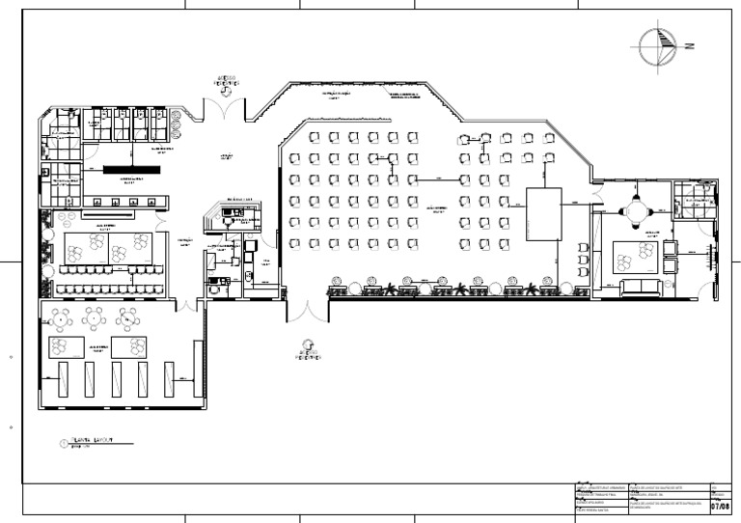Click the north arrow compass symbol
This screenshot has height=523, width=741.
pyautogui.click(x=657, y=44)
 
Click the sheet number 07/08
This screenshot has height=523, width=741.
pyautogui.click(x=720, y=505)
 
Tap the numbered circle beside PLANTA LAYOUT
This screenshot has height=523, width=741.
pyautogui.click(x=64, y=444)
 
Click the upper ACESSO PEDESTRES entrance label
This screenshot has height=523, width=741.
pyautogui.click(x=226, y=82)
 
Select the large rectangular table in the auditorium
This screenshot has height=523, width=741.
pyautogui.click(x=543, y=214)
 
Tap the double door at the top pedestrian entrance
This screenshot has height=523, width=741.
pyautogui.click(x=226, y=108)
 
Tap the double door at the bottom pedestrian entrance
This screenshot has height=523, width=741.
pyautogui.click(x=307, y=311)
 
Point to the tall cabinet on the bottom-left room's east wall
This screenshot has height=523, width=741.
pyautogui.click(x=197, y=372)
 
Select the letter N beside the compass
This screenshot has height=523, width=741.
pyautogui.click(x=691, y=45)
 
